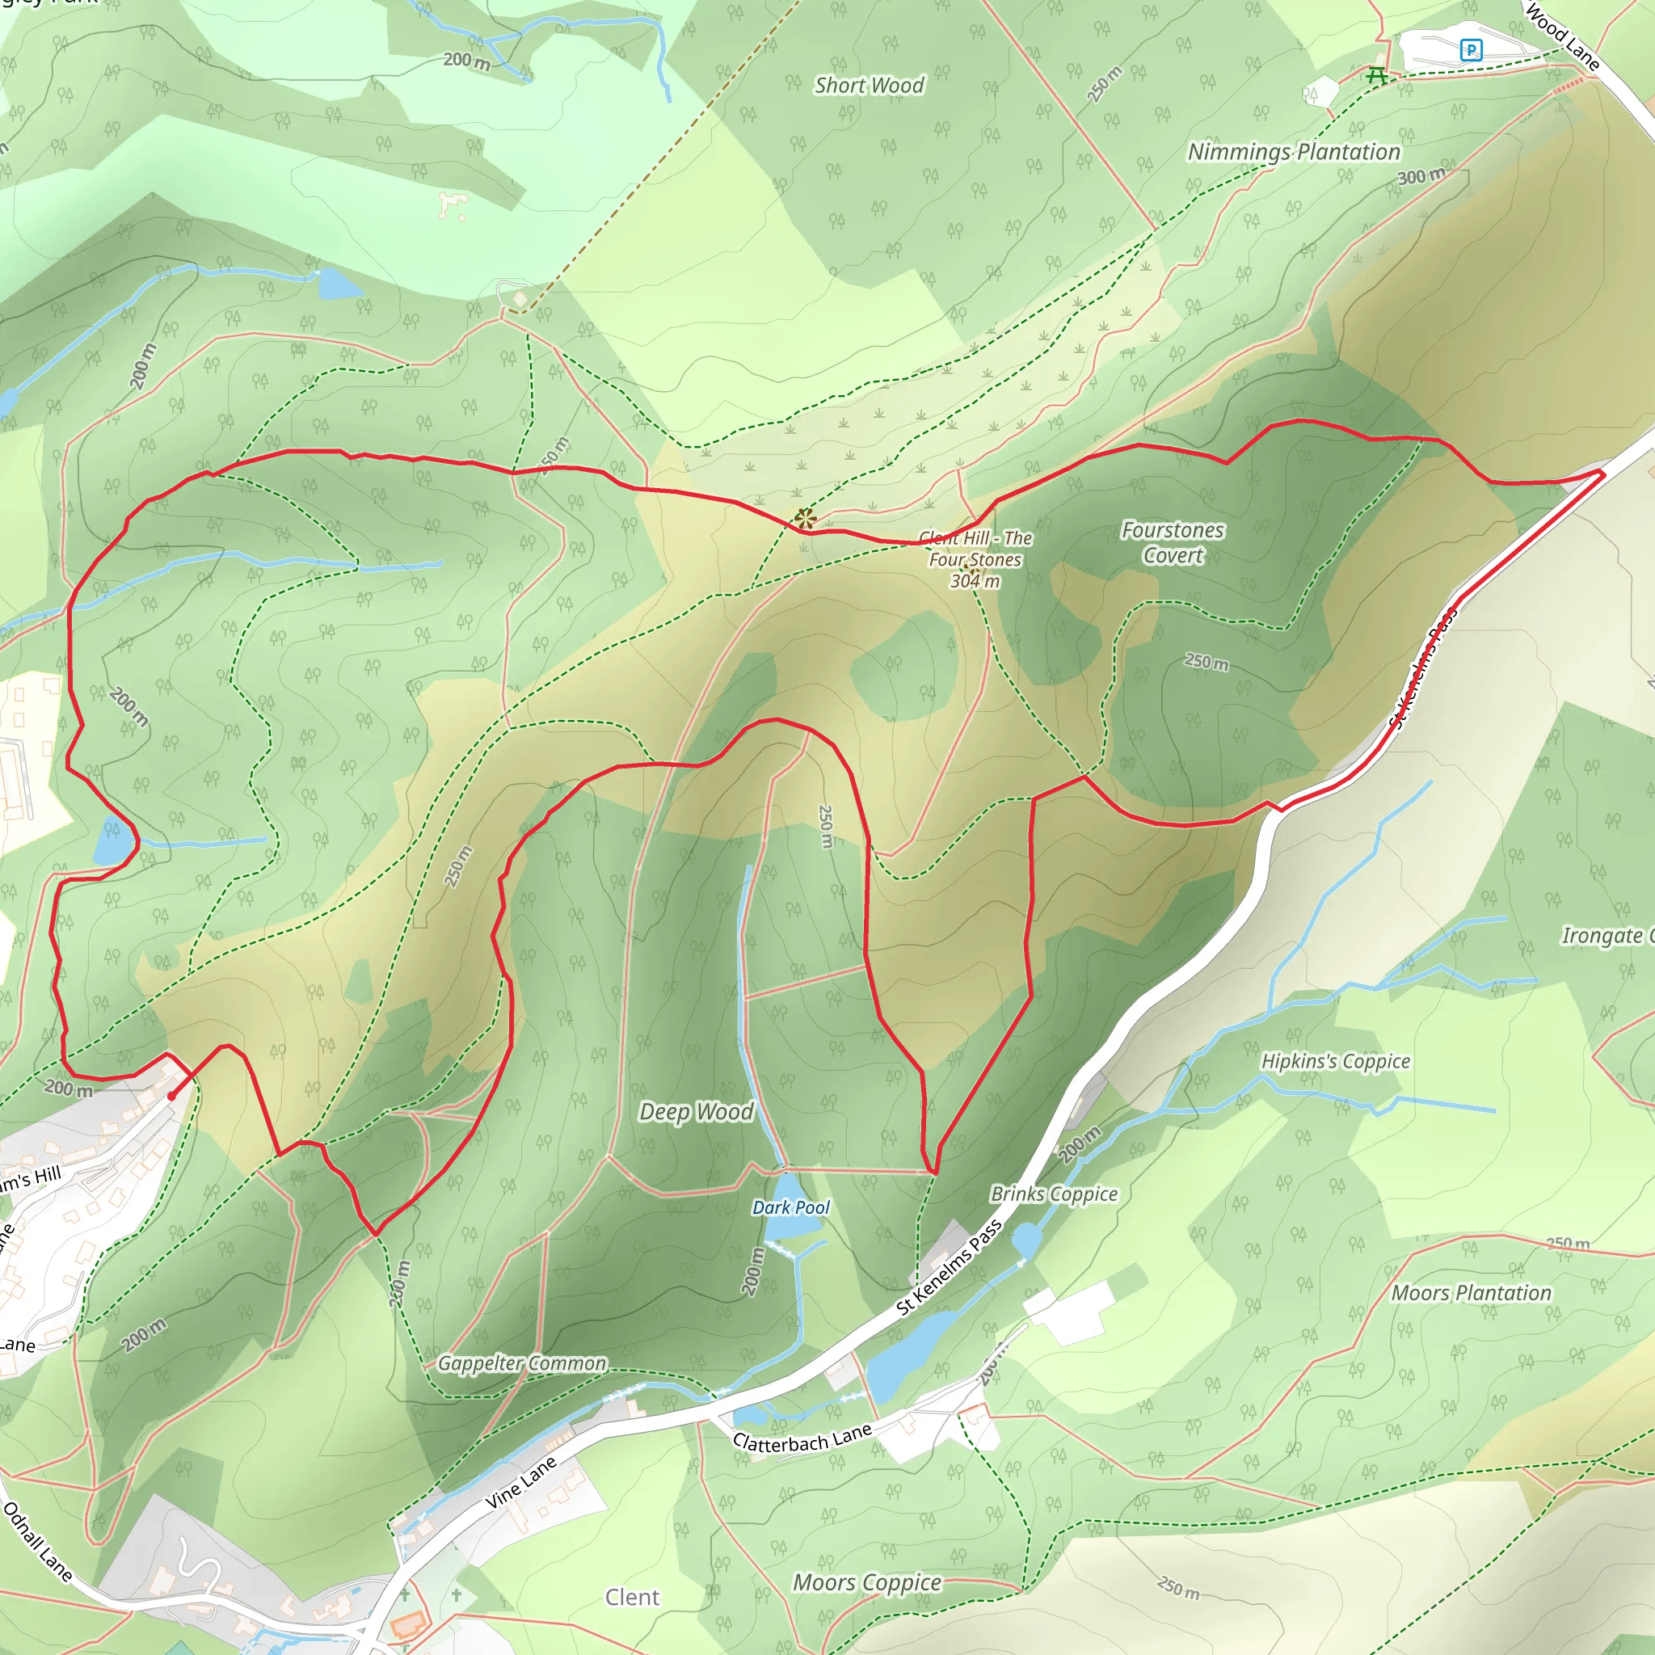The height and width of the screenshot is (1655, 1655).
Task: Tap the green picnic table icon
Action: tap(1376, 76)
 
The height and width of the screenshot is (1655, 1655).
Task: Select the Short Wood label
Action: tap(869, 86)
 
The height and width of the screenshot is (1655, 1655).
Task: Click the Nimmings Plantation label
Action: tap(1294, 153)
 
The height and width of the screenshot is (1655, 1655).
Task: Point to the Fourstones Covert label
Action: tap(1173, 542)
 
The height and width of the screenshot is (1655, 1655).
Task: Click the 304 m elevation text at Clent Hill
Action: tap(975, 581)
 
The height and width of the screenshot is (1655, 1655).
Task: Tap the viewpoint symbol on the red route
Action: tap(803, 517)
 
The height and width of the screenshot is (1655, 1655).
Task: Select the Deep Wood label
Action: tap(697, 1112)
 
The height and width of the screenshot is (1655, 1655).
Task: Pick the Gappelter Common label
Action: tap(522, 1363)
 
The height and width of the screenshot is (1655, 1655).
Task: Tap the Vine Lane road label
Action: tap(521, 1483)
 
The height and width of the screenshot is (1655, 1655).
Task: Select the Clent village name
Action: tap(632, 1597)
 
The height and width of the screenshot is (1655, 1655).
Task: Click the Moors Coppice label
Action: tap(867, 1582)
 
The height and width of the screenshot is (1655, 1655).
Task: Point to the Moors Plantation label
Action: tap(1471, 1293)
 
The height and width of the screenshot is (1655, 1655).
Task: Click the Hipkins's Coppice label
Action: tap(1336, 1061)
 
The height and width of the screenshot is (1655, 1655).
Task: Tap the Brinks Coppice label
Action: tap(1054, 1194)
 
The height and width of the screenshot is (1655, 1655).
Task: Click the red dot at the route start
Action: tap(171, 1097)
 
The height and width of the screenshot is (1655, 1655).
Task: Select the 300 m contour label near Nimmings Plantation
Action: tap(1421, 176)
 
